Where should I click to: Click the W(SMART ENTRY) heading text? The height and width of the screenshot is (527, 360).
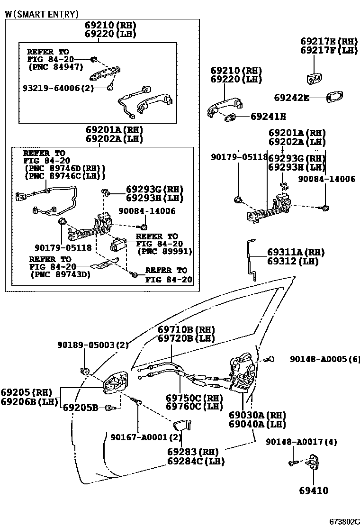pyautogui.click(x=42, y=15)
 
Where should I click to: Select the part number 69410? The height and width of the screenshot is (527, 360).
pyautogui.click(x=313, y=491)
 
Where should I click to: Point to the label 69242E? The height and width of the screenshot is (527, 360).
pyautogui.click(x=291, y=98)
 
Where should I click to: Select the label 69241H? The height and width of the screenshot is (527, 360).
pyautogui.click(x=268, y=116)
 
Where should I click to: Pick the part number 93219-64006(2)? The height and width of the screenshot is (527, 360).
pyautogui.click(x=62, y=88)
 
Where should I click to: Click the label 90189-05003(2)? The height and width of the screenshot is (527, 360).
pyautogui.click(x=86, y=345)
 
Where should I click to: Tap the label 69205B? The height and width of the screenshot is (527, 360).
pyautogui.click(x=81, y=407)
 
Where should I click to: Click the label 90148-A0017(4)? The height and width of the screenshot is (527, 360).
pyautogui.click(x=301, y=442)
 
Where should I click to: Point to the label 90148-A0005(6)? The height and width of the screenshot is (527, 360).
pyautogui.click(x=324, y=359)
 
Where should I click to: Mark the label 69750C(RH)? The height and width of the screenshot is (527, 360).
pyautogui.click(x=194, y=398)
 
